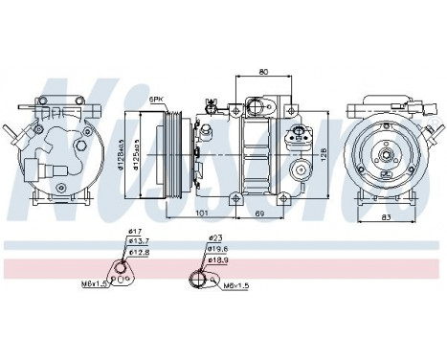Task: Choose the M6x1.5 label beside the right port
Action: coord(235,285)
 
